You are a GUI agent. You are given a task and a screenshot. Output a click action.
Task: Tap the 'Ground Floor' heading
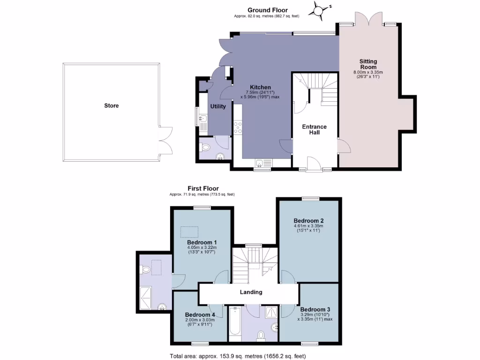[x=268, y=10]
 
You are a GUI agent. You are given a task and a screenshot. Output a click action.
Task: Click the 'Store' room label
[x=111, y=105]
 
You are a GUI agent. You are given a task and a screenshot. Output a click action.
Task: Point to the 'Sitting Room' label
[x=368, y=64]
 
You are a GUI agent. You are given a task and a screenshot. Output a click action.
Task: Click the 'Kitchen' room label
[x=260, y=87]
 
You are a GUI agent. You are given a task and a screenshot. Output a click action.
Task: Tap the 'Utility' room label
[x=218, y=106]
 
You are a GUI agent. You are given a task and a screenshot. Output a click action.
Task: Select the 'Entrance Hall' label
[x=314, y=129]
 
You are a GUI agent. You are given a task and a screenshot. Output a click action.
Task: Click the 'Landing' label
[x=251, y=292]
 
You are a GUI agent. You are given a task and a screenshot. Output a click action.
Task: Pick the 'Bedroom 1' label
[x=199, y=242]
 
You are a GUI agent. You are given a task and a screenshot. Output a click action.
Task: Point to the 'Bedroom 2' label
[x=309, y=220]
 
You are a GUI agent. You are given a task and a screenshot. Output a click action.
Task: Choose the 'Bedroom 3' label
[x=315, y=309]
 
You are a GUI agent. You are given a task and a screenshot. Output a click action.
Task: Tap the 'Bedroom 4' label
[x=200, y=314]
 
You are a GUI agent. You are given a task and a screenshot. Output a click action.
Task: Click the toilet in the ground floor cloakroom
[x=204, y=147]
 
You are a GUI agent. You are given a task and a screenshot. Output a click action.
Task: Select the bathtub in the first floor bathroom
[x=235, y=323]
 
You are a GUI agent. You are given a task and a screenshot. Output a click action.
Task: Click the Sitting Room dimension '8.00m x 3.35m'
[x=368, y=72]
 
